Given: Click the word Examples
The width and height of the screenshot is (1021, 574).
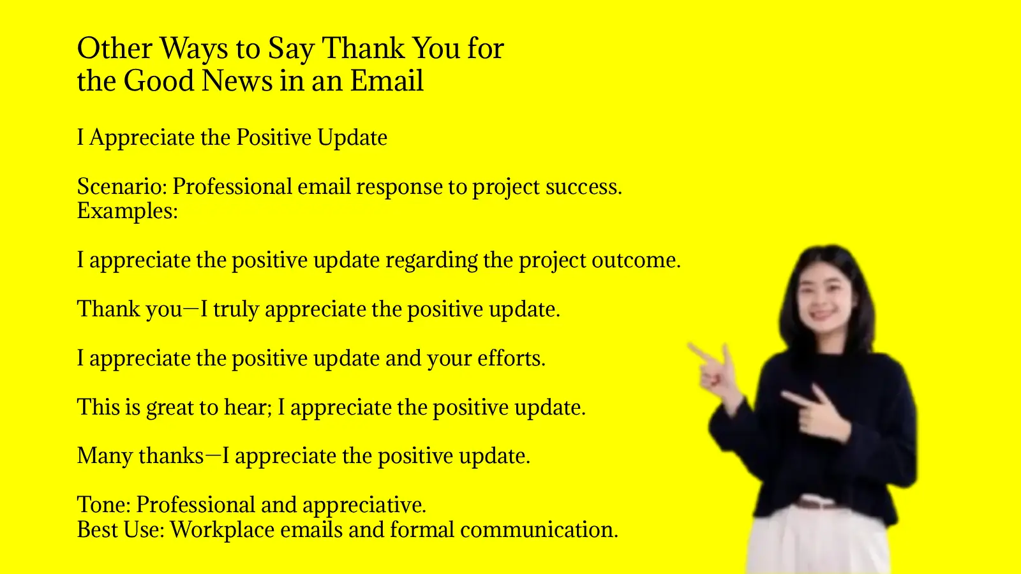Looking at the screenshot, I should (x=127, y=211).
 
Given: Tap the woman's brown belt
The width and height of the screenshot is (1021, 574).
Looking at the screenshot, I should (x=817, y=504).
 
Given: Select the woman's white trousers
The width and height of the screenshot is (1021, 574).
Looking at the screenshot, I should (x=817, y=542).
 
